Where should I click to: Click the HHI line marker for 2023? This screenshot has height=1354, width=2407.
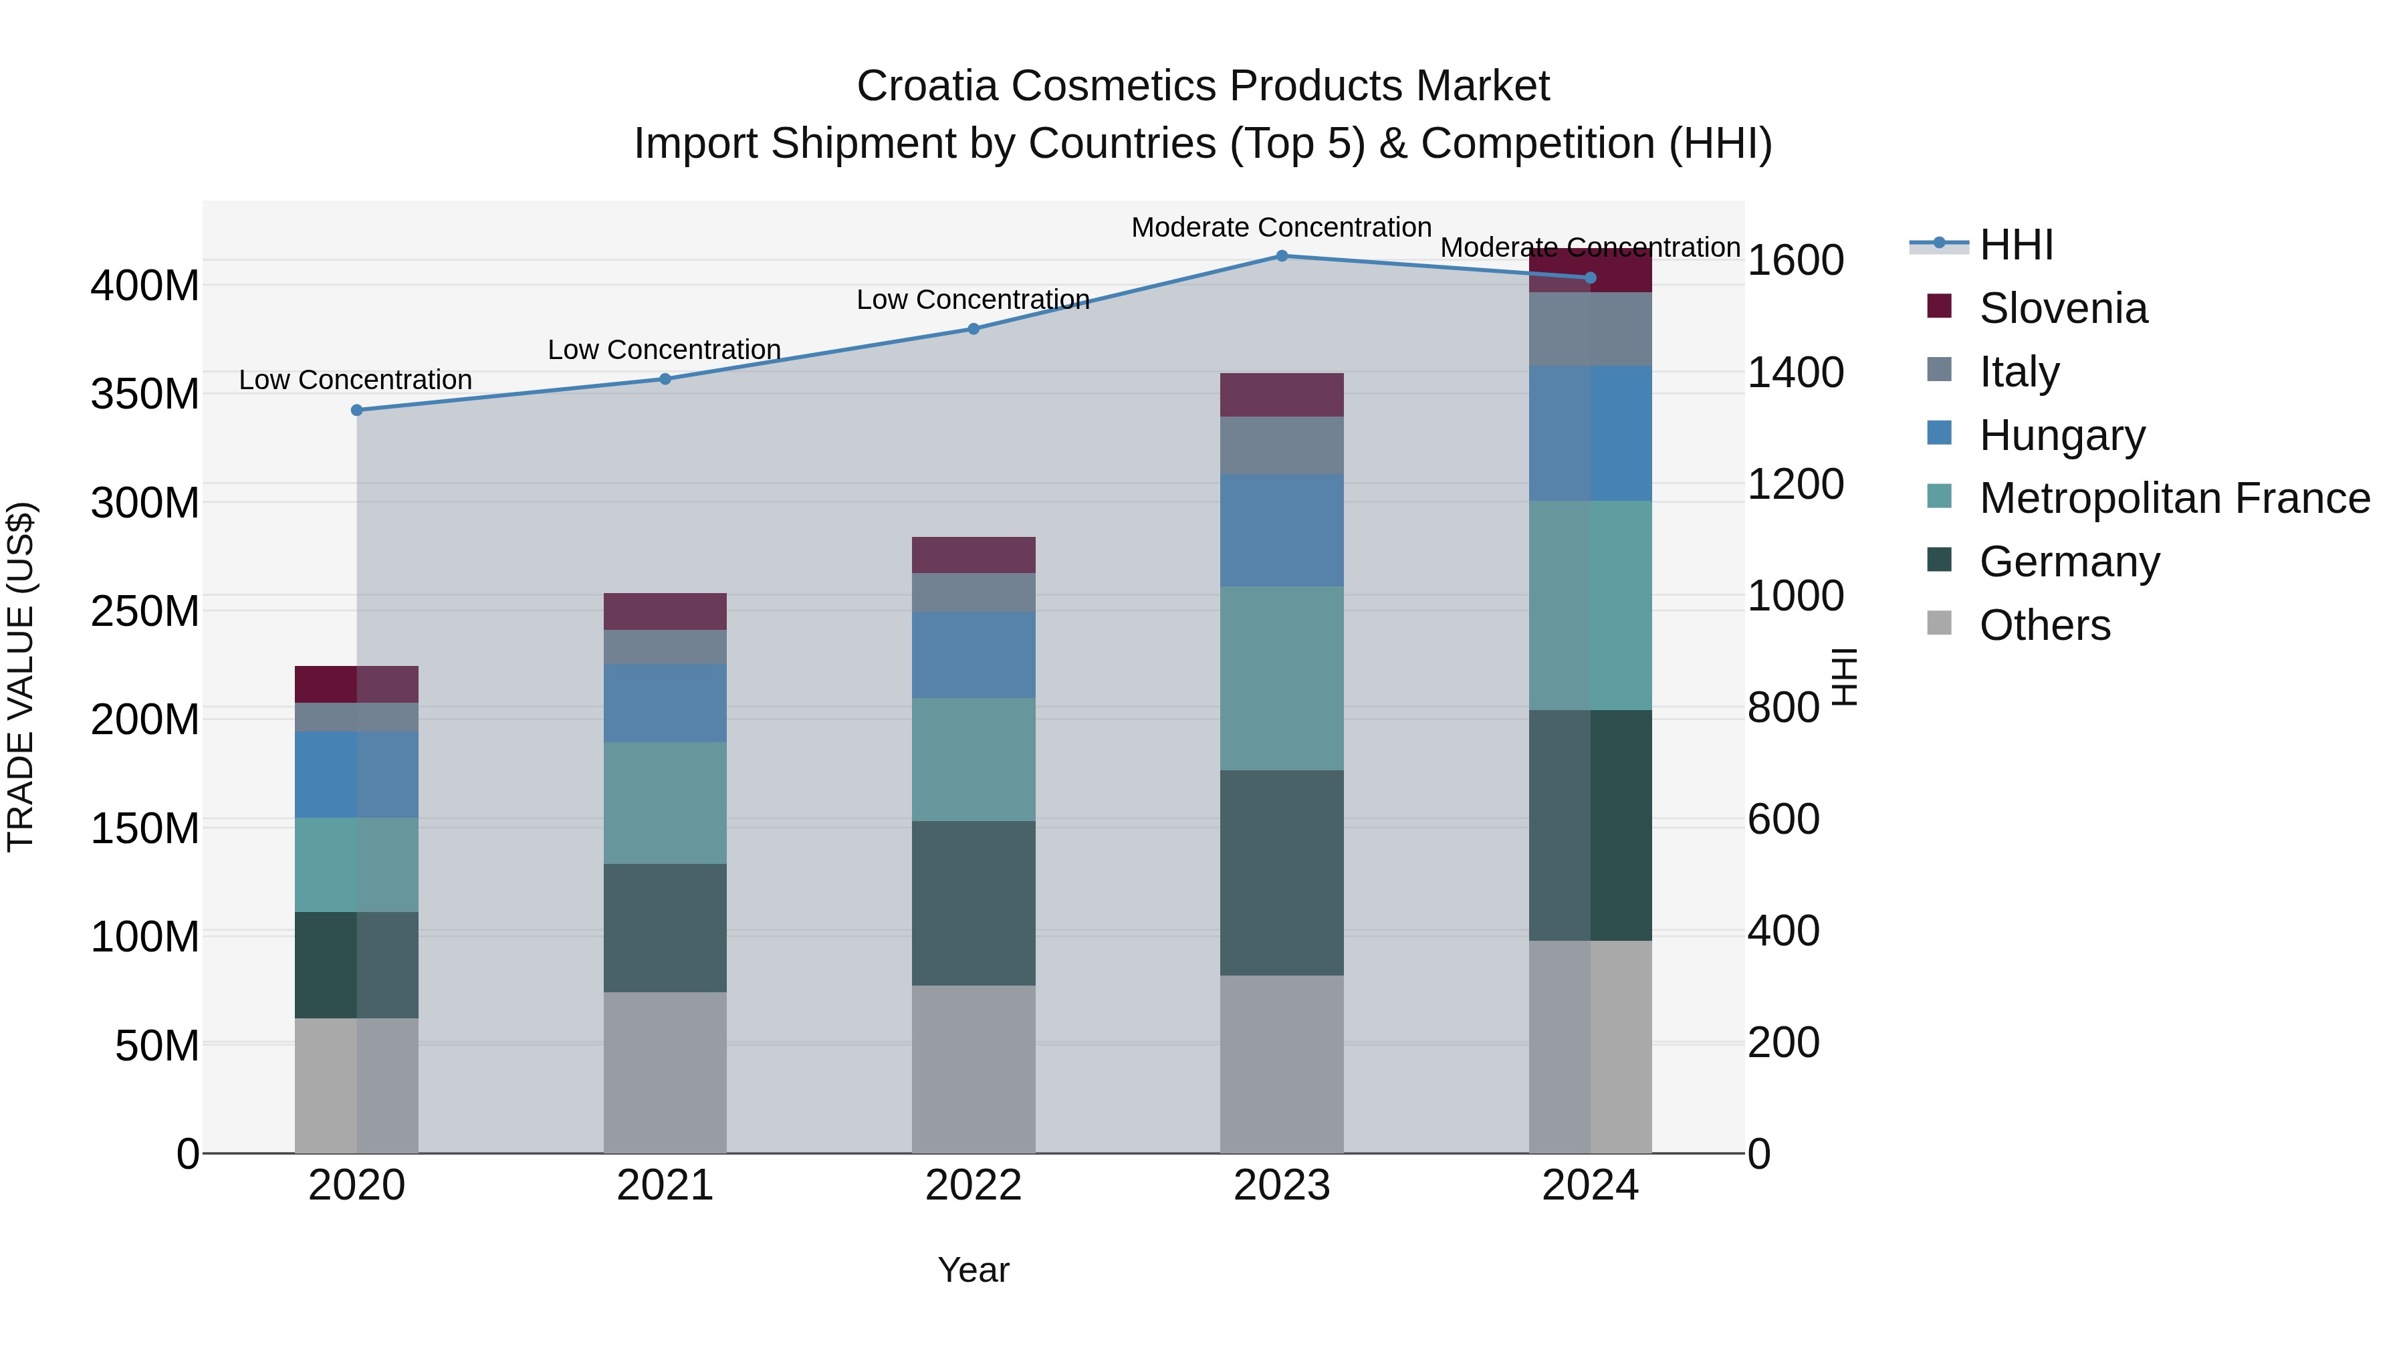(1281, 256)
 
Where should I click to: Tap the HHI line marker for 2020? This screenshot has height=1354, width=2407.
(357, 411)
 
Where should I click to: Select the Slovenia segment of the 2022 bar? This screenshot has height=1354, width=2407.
(973, 555)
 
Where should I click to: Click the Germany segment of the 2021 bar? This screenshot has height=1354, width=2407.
(665, 928)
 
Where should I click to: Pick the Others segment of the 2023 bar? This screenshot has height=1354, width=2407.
(1281, 1064)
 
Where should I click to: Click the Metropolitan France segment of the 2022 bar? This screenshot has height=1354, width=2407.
(973, 759)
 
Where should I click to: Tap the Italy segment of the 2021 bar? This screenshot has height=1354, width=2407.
(665, 647)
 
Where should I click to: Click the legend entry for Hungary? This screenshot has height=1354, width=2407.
(2061, 435)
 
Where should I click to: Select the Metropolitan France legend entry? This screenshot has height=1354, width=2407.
(2174, 498)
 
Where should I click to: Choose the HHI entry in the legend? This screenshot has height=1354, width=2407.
(2015, 245)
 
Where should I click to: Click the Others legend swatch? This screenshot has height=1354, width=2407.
(1940, 623)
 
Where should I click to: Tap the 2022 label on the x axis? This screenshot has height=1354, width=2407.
(973, 1186)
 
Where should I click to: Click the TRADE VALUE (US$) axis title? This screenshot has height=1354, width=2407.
(21, 677)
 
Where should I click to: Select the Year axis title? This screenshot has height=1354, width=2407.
(973, 1270)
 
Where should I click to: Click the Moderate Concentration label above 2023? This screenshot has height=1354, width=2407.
(1281, 227)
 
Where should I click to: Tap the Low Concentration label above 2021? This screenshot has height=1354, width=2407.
(665, 350)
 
